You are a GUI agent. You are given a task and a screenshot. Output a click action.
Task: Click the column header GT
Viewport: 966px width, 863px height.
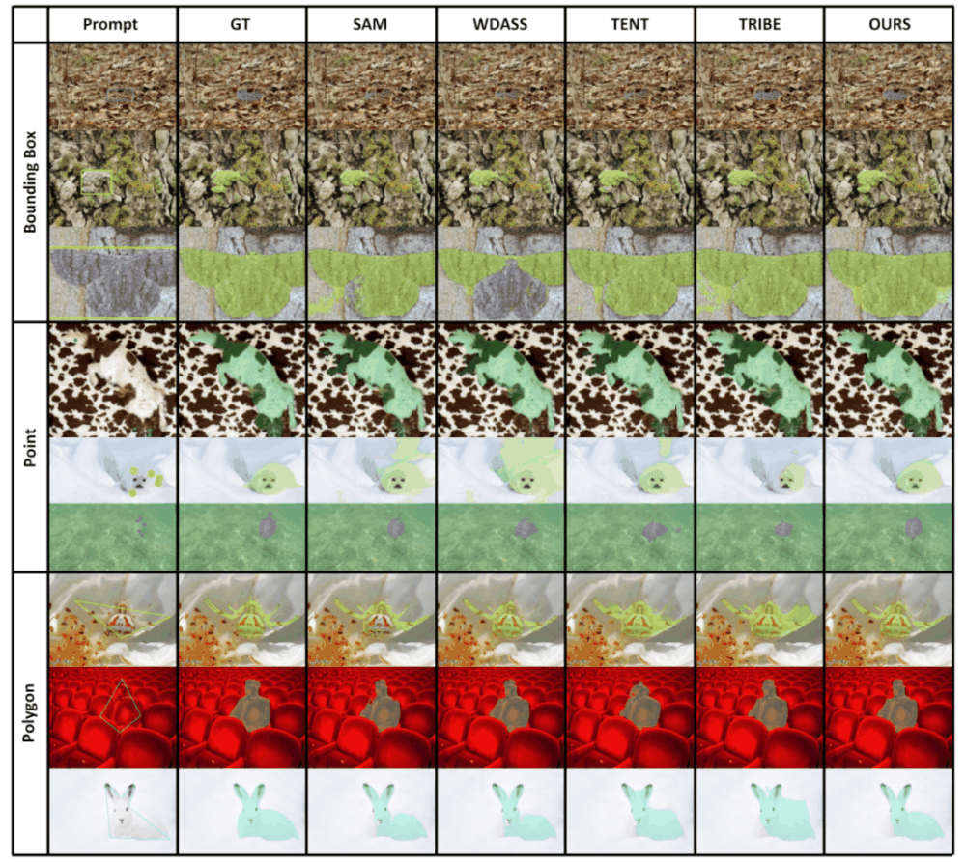click(x=241, y=25)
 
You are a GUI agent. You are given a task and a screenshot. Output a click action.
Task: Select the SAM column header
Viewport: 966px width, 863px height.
click(x=371, y=25)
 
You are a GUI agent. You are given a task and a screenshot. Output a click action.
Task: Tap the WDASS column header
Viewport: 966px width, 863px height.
click(x=500, y=25)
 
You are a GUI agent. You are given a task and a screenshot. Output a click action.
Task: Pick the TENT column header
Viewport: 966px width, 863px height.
click(x=630, y=25)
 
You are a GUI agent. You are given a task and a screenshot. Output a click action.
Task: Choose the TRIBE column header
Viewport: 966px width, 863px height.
click(x=759, y=25)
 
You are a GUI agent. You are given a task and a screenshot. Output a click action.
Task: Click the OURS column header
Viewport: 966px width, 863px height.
click(x=889, y=25)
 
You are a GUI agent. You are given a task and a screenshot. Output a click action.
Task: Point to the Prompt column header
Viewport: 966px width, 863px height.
click(x=112, y=25)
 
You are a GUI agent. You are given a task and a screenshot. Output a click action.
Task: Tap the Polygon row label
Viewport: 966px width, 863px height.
click(x=30, y=712)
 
